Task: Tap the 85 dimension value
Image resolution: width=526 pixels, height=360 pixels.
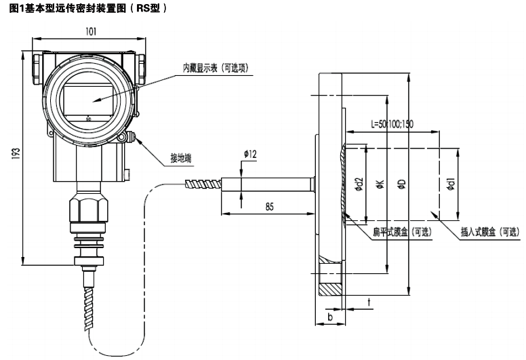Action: (269, 207)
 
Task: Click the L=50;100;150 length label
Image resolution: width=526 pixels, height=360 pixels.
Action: (392, 124)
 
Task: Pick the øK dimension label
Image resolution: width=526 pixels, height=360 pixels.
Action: (380, 184)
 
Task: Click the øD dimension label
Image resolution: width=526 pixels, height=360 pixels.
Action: (401, 184)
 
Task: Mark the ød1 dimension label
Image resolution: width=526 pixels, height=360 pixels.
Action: (451, 184)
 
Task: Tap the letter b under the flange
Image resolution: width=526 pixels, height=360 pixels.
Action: (329, 316)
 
